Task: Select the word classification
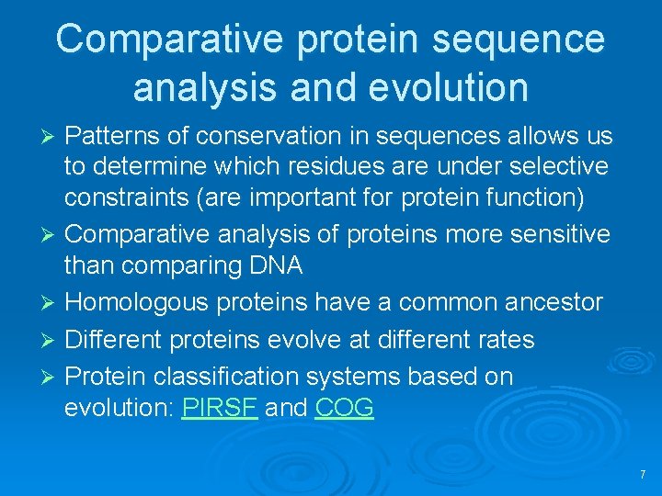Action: tap(242, 377)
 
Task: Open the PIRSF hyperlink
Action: tap(220, 408)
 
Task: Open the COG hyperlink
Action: tap(344, 408)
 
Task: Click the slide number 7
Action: tap(642, 475)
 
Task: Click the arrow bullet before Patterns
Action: tap(52, 137)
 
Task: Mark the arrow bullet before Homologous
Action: tap(52, 302)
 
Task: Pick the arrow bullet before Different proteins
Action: tap(52, 340)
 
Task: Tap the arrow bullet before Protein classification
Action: tap(52, 378)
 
